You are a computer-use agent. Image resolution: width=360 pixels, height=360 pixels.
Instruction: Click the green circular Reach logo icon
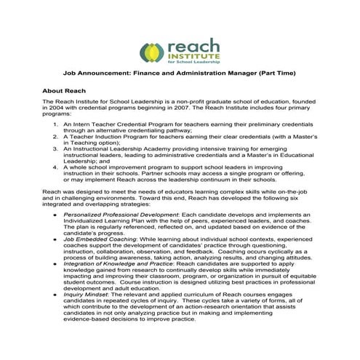pos(151,52)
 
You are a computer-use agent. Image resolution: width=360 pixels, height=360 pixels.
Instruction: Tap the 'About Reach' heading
pos(65,90)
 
